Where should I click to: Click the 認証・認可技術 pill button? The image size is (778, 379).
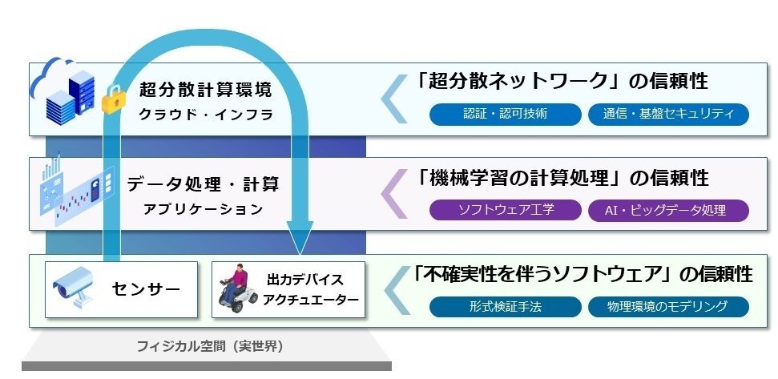tap(506, 114)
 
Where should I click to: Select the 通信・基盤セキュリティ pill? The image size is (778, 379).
tap(668, 114)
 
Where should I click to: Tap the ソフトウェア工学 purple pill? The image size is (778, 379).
tap(506, 211)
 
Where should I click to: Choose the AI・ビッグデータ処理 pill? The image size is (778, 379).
tap(668, 211)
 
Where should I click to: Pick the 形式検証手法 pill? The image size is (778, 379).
tap(506, 306)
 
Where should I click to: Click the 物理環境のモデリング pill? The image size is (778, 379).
tap(668, 306)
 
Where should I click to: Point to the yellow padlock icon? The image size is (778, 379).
tap(115, 101)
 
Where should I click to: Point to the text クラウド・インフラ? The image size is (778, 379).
tap(206, 114)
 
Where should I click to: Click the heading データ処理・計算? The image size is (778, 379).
tap(203, 184)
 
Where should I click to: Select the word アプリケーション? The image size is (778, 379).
tap(203, 209)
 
